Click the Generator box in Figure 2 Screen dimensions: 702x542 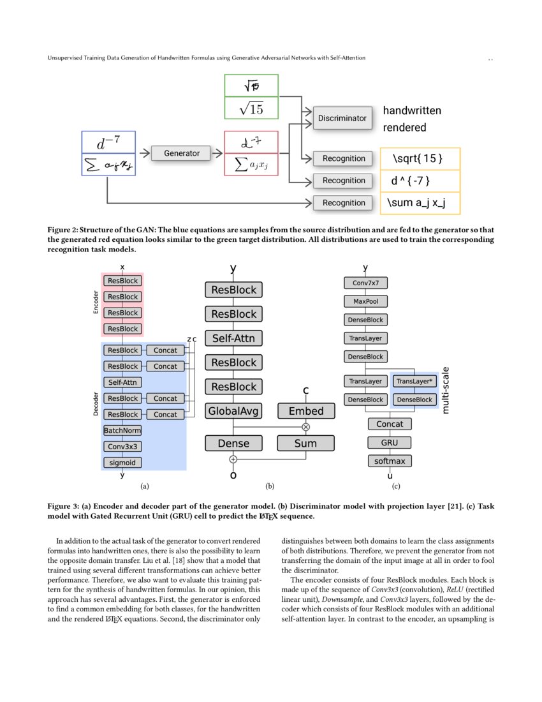[x=182, y=153]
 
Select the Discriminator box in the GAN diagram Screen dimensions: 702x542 [x=343, y=118]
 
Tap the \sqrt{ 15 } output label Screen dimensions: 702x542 [x=420, y=158]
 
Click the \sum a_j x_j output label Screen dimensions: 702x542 [x=420, y=203]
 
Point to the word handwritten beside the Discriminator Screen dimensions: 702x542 [x=411, y=111]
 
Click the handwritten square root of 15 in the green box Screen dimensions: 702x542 [x=251, y=86]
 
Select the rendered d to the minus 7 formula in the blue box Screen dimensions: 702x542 [x=108, y=142]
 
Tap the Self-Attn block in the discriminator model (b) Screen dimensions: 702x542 [x=233, y=338]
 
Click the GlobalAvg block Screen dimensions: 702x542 [x=233, y=411]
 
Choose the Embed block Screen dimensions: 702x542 [x=305, y=411]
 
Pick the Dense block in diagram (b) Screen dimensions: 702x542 [x=233, y=443]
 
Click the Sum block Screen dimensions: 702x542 [x=305, y=443]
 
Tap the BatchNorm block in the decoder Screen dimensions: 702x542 [x=122, y=431]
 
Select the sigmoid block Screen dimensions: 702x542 [x=122, y=463]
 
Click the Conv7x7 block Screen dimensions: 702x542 [x=365, y=283]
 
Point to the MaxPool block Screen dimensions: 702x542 [x=365, y=301]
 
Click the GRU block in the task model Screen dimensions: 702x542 [x=390, y=442]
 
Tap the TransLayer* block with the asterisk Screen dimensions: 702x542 [x=414, y=381]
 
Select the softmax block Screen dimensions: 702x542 [x=390, y=461]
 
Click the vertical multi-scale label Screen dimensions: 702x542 [x=445, y=389]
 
